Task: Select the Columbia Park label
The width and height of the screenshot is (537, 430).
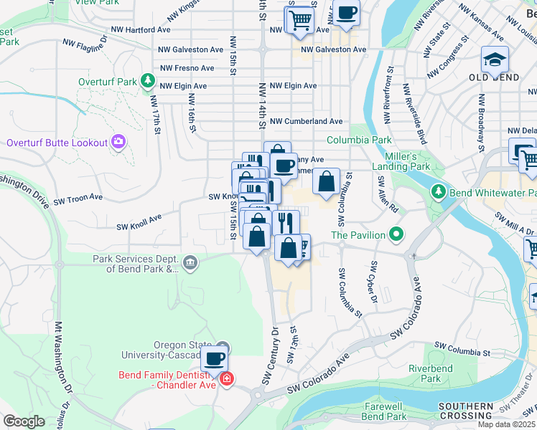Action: (x=359, y=140)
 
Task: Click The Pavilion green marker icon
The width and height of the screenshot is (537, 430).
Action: (x=395, y=234)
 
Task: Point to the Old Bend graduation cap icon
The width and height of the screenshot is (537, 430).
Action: (x=495, y=59)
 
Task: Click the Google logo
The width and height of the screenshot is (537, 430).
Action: (x=24, y=421)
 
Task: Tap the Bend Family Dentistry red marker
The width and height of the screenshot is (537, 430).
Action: (x=226, y=378)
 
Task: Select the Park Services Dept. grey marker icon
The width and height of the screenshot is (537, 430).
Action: (x=190, y=262)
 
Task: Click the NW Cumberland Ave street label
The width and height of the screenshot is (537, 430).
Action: (x=306, y=122)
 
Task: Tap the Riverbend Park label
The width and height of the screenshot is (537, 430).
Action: (x=424, y=373)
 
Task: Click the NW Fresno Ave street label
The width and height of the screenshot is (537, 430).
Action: (x=187, y=68)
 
